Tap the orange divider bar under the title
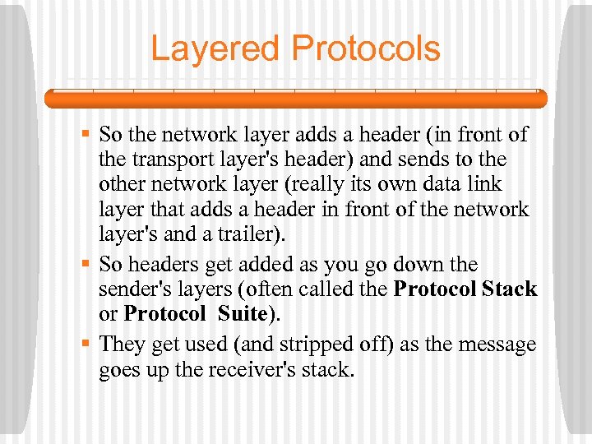(296, 99)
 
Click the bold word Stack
(510, 289)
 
